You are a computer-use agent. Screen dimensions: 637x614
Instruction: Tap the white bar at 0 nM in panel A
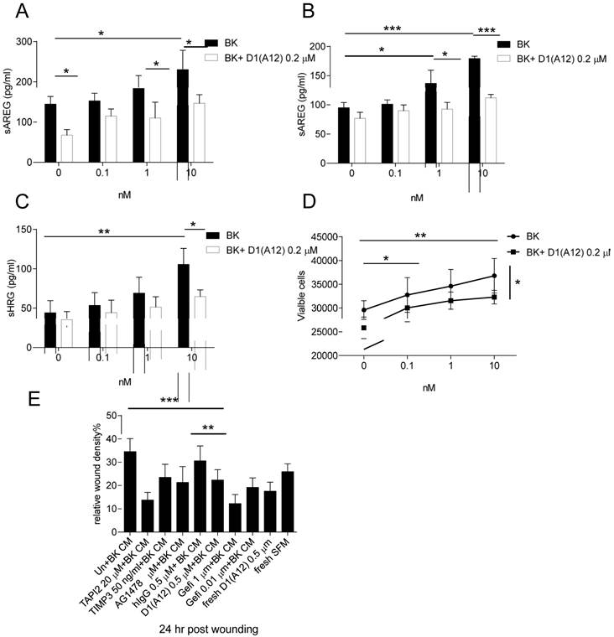(x=66, y=148)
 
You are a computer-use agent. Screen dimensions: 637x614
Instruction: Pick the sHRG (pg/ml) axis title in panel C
(x=13, y=287)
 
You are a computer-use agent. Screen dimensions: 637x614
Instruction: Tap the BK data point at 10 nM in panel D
(x=495, y=276)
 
